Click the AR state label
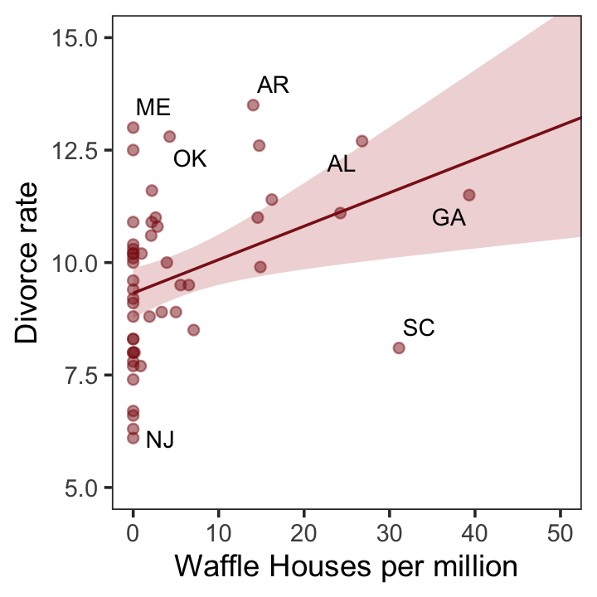coord(273,85)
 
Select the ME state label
coord(153,108)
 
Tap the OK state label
coord(189,159)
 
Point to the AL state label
coord(341,164)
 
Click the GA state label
coord(449,218)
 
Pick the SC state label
coord(419,328)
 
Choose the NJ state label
coord(160,440)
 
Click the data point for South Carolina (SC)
coord(399,347)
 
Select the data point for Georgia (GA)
coord(468,195)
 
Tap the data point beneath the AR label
coord(253,105)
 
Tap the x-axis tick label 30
coord(389,531)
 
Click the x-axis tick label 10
coord(218,531)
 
